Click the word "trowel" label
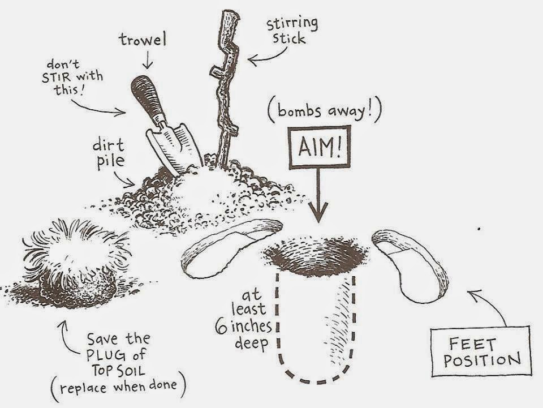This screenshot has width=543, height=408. pyautogui.click(x=143, y=40)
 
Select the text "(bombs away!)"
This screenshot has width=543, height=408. pyautogui.click(x=324, y=111)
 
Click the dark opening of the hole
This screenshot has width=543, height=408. pyautogui.click(x=316, y=256)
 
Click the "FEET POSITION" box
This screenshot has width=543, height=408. pyautogui.click(x=481, y=351)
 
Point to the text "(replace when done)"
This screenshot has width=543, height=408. pyautogui.click(x=118, y=386)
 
